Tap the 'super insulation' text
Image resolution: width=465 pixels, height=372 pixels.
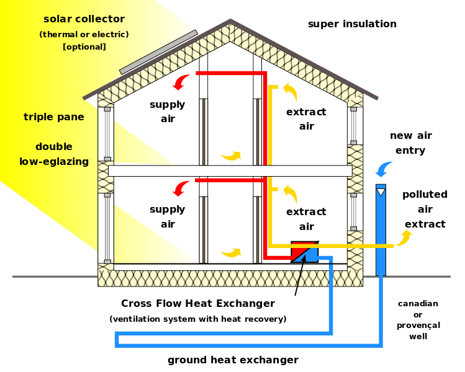[352, 24]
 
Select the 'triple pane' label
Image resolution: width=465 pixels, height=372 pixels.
[54, 117]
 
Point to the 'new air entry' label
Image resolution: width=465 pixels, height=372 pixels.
[410, 143]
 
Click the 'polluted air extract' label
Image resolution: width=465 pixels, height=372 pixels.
[425, 209]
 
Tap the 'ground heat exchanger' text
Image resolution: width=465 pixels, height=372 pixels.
[233, 360]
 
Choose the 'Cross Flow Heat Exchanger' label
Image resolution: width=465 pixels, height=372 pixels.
[197, 304]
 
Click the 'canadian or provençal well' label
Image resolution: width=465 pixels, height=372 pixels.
[418, 319]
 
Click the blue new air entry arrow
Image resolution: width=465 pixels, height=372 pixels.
[384, 167]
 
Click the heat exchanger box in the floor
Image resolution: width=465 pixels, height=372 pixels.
[304, 251]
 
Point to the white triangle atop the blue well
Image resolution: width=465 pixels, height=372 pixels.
[381, 192]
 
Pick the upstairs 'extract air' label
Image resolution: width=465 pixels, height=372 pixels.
[306, 118]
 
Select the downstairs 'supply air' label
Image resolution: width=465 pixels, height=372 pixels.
[167, 216]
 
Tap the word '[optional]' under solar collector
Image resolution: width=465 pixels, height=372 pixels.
[84, 46]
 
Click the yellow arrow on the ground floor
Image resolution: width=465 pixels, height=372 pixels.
[231, 252]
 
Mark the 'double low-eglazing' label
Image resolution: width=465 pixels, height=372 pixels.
[53, 154]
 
